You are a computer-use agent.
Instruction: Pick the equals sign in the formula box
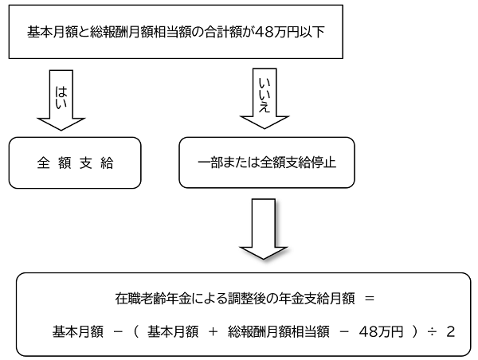click(368, 298)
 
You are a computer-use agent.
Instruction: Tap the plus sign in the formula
click(214, 330)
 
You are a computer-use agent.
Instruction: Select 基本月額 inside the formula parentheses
click(172, 330)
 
